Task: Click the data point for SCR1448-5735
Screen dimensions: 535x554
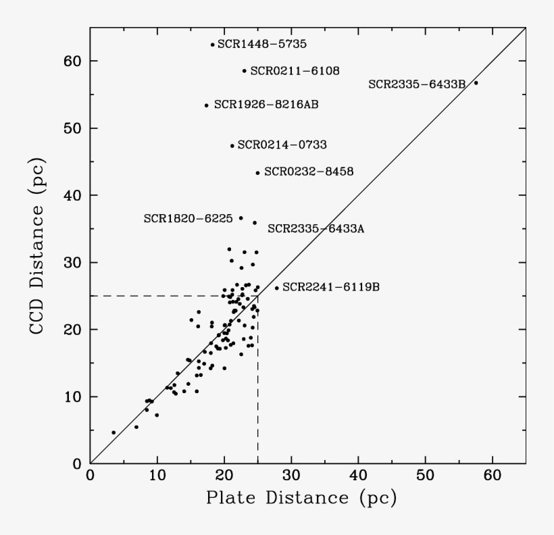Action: point(212,45)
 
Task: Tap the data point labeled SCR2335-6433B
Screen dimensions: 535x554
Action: point(476,83)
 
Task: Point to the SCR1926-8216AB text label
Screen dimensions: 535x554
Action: point(266,105)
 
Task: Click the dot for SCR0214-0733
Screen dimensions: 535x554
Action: point(232,146)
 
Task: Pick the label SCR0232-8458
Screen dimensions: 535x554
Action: point(309,172)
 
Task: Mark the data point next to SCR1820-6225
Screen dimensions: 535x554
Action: point(241,218)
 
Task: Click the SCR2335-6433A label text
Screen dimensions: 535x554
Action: point(316,229)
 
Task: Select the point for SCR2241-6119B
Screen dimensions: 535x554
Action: point(276,288)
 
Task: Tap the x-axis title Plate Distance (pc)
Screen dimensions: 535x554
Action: point(301,499)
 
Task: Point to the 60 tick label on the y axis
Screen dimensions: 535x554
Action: point(72,61)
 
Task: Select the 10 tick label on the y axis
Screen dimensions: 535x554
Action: point(72,397)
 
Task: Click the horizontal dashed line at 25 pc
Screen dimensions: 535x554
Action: point(169,296)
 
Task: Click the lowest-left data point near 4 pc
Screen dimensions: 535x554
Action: point(114,432)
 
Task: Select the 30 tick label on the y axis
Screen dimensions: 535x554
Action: point(72,263)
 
